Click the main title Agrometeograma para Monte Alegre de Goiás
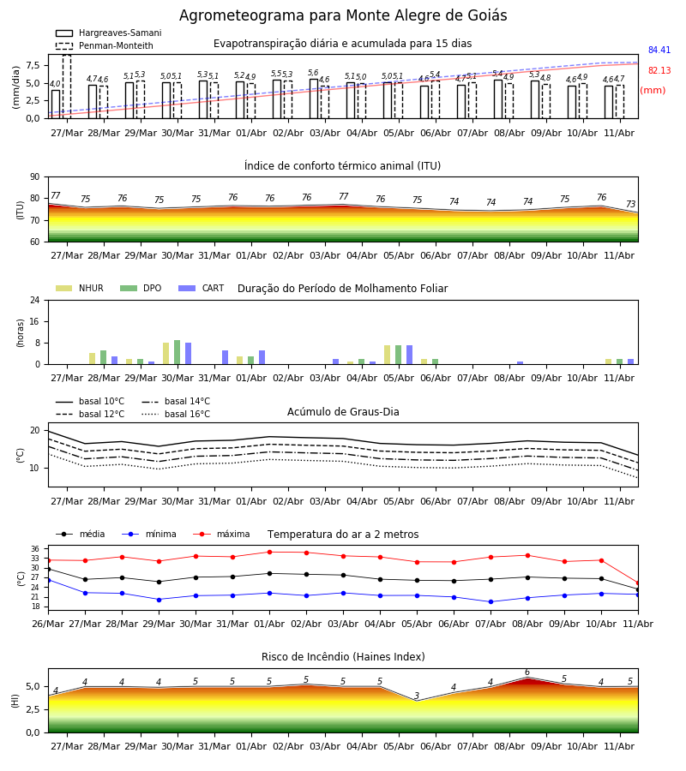pyautogui.click(x=343, y=15)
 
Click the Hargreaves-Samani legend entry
pyautogui.click(x=109, y=33)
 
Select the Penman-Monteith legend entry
pyautogui.click(x=105, y=45)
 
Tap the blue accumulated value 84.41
pyautogui.click(x=659, y=51)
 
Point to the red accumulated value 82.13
pyautogui.click(x=659, y=71)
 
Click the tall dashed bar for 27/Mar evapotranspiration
pyautogui.click(x=67, y=87)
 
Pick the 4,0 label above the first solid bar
pyautogui.click(x=55, y=84)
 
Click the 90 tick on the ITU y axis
pyautogui.click(x=35, y=177)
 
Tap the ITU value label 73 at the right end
pyautogui.click(x=630, y=204)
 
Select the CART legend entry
pyautogui.click(x=201, y=288)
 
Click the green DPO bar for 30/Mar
pyautogui.click(x=178, y=352)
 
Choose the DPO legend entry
pyautogui.click(x=141, y=288)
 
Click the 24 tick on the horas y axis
pyautogui.click(x=35, y=301)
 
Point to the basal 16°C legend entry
pyautogui.click(x=176, y=414)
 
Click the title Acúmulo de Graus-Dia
pyautogui.click(x=343, y=412)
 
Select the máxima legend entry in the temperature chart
pyautogui.click(x=221, y=534)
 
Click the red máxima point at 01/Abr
pyautogui.click(x=269, y=553)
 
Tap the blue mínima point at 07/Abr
pyautogui.click(x=490, y=602)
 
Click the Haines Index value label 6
pyautogui.click(x=527, y=672)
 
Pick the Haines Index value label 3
pyautogui.click(x=417, y=696)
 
